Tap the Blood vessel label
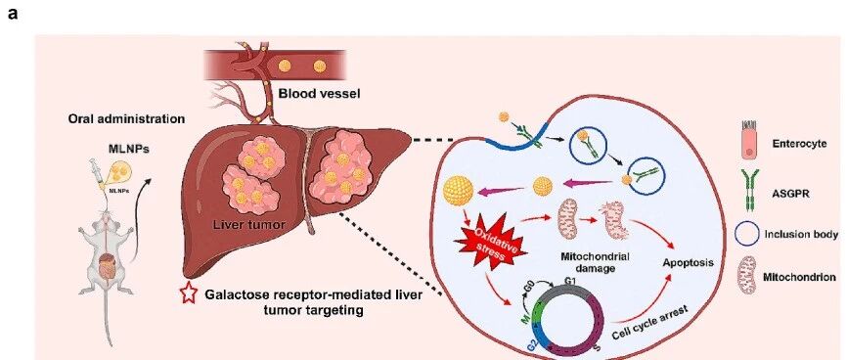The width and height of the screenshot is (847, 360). pos(319,94)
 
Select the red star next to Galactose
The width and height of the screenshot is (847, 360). pos(188,294)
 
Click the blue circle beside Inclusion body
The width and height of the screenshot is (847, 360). pos(746,235)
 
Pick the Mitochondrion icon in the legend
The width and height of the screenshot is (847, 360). pos(747,275)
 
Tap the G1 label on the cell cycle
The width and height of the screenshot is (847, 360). pos(570,281)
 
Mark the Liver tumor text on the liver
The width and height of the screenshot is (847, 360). pos(249,224)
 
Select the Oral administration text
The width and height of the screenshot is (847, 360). pos(126,119)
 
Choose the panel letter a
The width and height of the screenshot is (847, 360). pos(13,14)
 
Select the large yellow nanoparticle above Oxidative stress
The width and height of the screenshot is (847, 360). pos(458,190)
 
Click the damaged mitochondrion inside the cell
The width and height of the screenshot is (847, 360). pos(613,220)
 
